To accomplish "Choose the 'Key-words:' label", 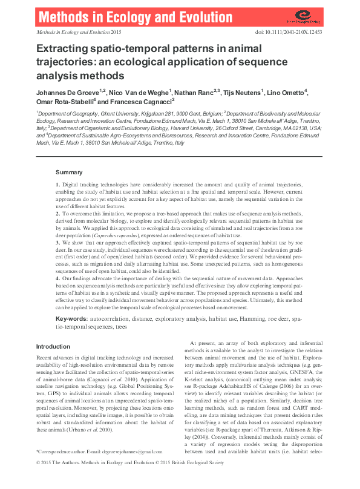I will pyautogui.click(x=73, y=318).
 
